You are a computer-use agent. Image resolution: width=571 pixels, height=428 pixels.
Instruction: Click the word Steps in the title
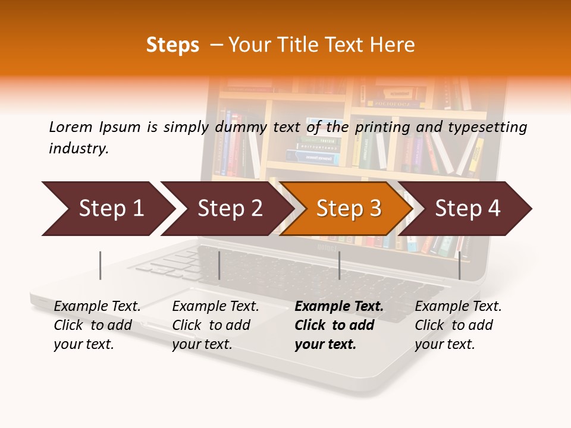pos(172,45)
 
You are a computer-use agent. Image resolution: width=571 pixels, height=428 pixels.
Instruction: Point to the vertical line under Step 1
pos(101,265)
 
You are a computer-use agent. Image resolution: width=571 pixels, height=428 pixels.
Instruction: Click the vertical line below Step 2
pos(219,265)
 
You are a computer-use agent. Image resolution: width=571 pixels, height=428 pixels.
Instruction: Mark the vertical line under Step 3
pos(339,265)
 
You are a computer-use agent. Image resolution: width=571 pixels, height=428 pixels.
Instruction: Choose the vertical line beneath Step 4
pos(459,265)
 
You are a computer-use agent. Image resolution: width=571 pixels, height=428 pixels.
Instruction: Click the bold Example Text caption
pos(338,325)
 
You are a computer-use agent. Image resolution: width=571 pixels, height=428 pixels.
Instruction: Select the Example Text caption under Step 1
pos(97,325)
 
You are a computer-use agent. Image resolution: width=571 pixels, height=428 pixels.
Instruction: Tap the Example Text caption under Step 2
pos(215,325)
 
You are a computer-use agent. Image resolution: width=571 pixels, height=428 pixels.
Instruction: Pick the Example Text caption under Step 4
pos(458,325)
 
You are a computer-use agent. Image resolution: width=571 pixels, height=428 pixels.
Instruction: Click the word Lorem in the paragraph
pos(71,127)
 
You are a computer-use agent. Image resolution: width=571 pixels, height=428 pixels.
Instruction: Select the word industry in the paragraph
pos(78,149)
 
